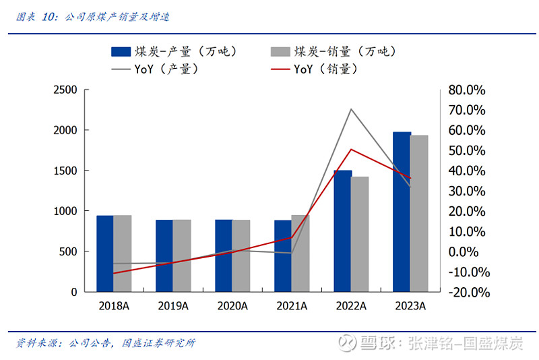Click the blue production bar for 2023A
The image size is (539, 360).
point(402,212)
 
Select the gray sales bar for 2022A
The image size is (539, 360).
point(359,234)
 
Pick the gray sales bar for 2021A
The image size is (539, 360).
point(300,253)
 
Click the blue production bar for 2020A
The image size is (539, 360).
point(224,256)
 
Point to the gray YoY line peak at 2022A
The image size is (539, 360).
point(350,109)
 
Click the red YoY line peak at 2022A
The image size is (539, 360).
point(350,149)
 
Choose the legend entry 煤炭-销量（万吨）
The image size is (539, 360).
point(333,51)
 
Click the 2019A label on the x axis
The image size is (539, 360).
point(173,305)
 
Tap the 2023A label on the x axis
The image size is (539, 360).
point(410,305)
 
